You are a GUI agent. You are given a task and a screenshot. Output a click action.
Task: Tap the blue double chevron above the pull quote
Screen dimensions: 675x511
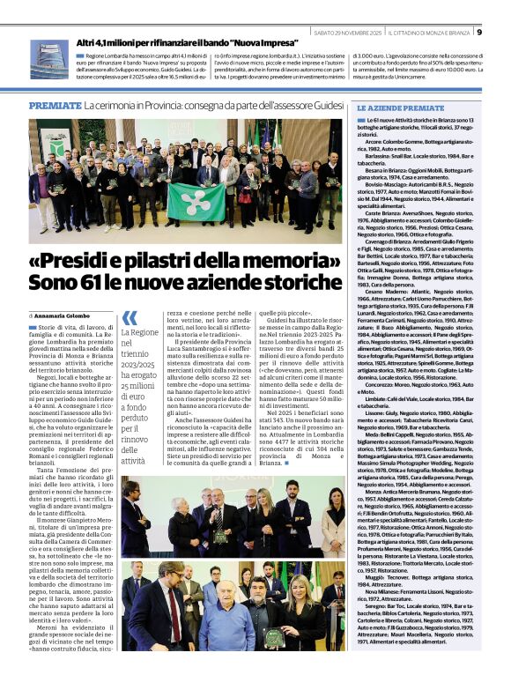pyautogui.click(x=129, y=318)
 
